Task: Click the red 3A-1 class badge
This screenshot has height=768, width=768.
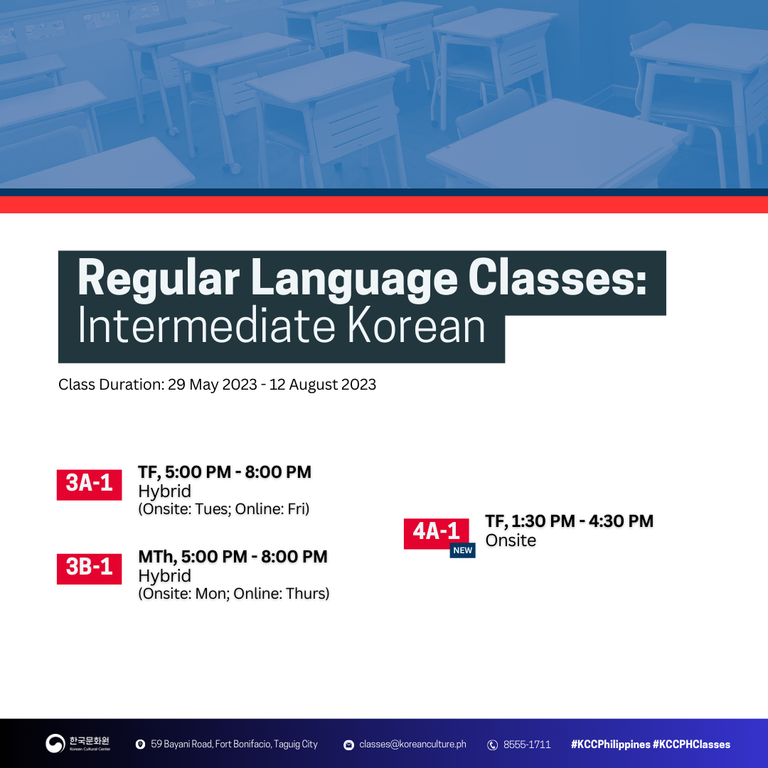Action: click(89, 484)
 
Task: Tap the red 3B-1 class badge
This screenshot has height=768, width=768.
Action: click(89, 569)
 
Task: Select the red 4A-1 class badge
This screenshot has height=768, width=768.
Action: click(436, 533)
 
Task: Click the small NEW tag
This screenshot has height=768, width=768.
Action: click(462, 550)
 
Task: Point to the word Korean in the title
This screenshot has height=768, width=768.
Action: click(416, 326)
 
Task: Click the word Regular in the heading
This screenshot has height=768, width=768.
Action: click(159, 279)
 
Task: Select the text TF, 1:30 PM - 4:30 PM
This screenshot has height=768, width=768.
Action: click(569, 521)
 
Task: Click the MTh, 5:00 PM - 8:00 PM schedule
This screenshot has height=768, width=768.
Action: click(233, 556)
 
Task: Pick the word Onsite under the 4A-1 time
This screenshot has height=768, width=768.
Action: click(511, 540)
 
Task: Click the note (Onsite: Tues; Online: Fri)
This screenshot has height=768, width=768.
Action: click(224, 509)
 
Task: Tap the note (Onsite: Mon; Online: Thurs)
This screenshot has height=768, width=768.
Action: click(234, 594)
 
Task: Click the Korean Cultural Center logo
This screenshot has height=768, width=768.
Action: click(78, 744)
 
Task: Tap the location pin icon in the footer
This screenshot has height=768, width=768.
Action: click(140, 745)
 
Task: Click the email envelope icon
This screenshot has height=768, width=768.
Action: click(348, 745)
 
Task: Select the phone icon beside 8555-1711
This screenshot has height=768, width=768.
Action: click(492, 745)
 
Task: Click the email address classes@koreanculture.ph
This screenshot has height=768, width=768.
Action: click(412, 744)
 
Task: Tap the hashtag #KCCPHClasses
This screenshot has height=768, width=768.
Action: click(691, 744)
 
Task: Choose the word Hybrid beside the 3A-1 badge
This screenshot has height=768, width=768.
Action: click(164, 491)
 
